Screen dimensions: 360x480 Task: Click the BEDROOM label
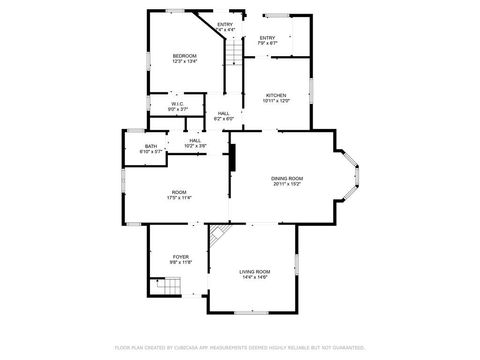pos(184,55)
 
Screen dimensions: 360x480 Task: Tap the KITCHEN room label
pos(275,96)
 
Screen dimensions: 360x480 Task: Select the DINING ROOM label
pos(287,178)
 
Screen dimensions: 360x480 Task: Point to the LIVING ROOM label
pos(254,271)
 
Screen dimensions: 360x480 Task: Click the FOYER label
pos(180,257)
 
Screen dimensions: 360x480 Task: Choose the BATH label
pos(150,146)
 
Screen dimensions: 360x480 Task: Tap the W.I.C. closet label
pos(176,103)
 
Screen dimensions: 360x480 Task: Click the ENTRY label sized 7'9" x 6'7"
pos(267,38)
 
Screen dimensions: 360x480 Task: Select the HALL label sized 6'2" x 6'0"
pos(223,113)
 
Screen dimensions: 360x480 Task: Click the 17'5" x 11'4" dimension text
pos(179,198)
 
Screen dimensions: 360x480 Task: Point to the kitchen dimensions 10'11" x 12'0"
pos(275,102)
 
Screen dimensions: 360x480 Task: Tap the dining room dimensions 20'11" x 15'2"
pos(287,184)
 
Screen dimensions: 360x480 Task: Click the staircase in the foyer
pos(166,288)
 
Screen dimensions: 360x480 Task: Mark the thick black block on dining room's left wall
pos(233,158)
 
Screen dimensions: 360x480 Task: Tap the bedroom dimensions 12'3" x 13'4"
pos(184,61)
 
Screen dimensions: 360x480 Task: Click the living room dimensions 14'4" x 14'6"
pos(254,277)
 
